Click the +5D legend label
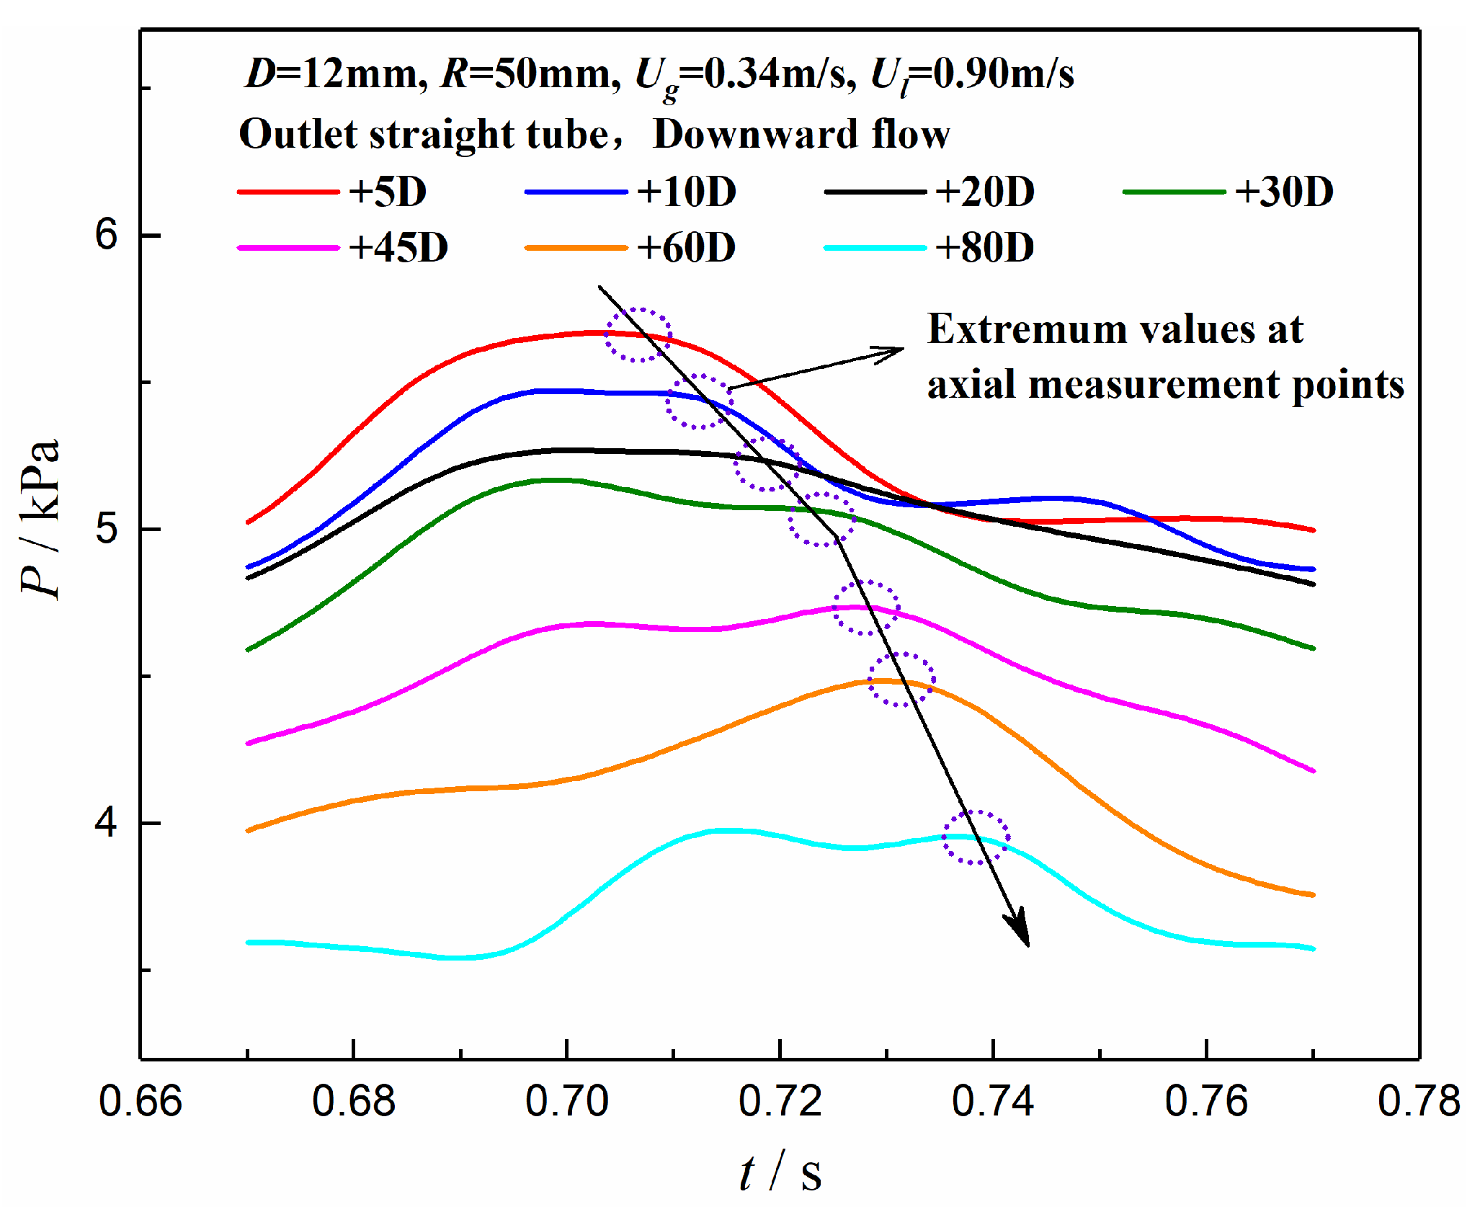pyautogui.click(x=388, y=192)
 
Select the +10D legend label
pyautogui.click(x=686, y=192)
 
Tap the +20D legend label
pyautogui.click(x=984, y=192)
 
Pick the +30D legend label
pyautogui.click(x=1283, y=192)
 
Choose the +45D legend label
pyautogui.click(x=398, y=248)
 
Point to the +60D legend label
pyautogui.click(x=686, y=248)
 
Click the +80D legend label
pyautogui.click(x=984, y=248)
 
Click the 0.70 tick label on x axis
pyautogui.click(x=567, y=1102)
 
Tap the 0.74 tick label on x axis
pyautogui.click(x=993, y=1102)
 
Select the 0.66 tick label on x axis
pyautogui.click(x=141, y=1102)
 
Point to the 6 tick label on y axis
pyautogui.click(x=106, y=234)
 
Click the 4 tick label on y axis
pyautogui.click(x=106, y=823)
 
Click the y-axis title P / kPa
pyautogui.click(x=40, y=519)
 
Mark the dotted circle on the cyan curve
pyautogui.click(x=976, y=837)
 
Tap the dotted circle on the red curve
pyautogui.click(x=638, y=335)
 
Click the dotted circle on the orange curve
pyautogui.click(x=901, y=680)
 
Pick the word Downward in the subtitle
pyautogui.click(x=754, y=135)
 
